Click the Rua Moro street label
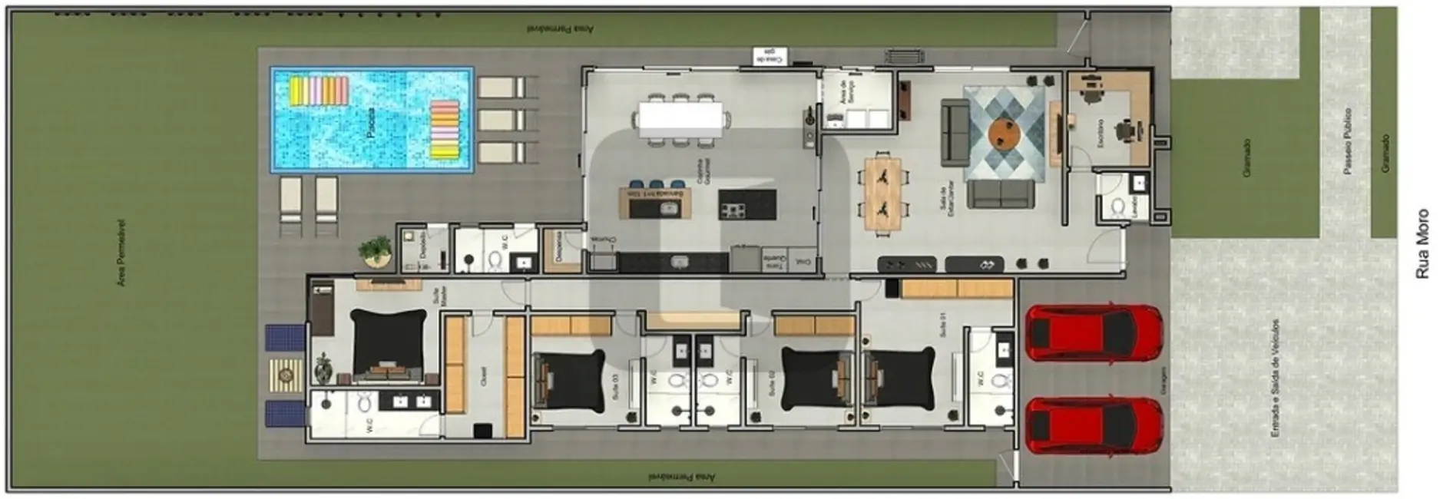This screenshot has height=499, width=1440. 1422,243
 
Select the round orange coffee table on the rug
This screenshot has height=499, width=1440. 1004,134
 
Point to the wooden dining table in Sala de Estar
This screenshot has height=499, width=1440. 883,193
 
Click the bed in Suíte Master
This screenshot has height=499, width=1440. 388,345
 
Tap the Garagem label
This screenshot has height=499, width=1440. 1164,381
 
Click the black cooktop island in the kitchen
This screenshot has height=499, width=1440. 746,204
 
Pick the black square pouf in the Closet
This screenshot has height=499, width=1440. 482,431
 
